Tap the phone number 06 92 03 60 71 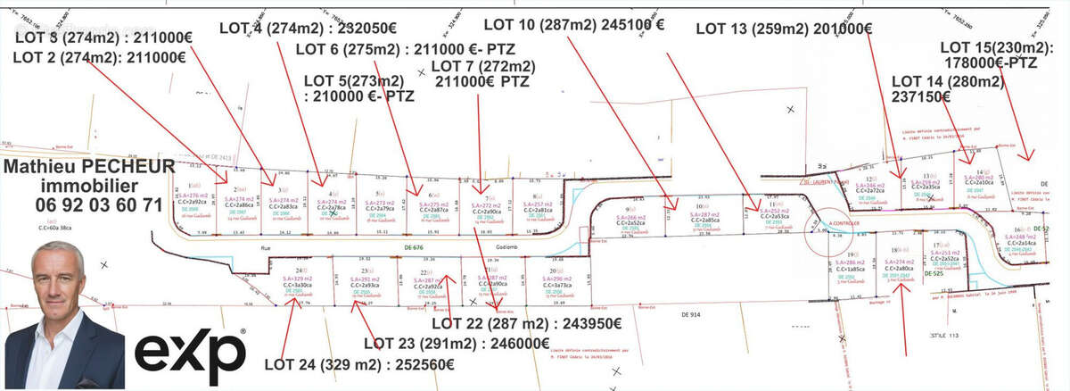[83, 204]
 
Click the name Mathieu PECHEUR [83, 167]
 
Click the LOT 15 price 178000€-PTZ [990, 62]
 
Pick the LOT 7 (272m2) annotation [482, 66]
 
